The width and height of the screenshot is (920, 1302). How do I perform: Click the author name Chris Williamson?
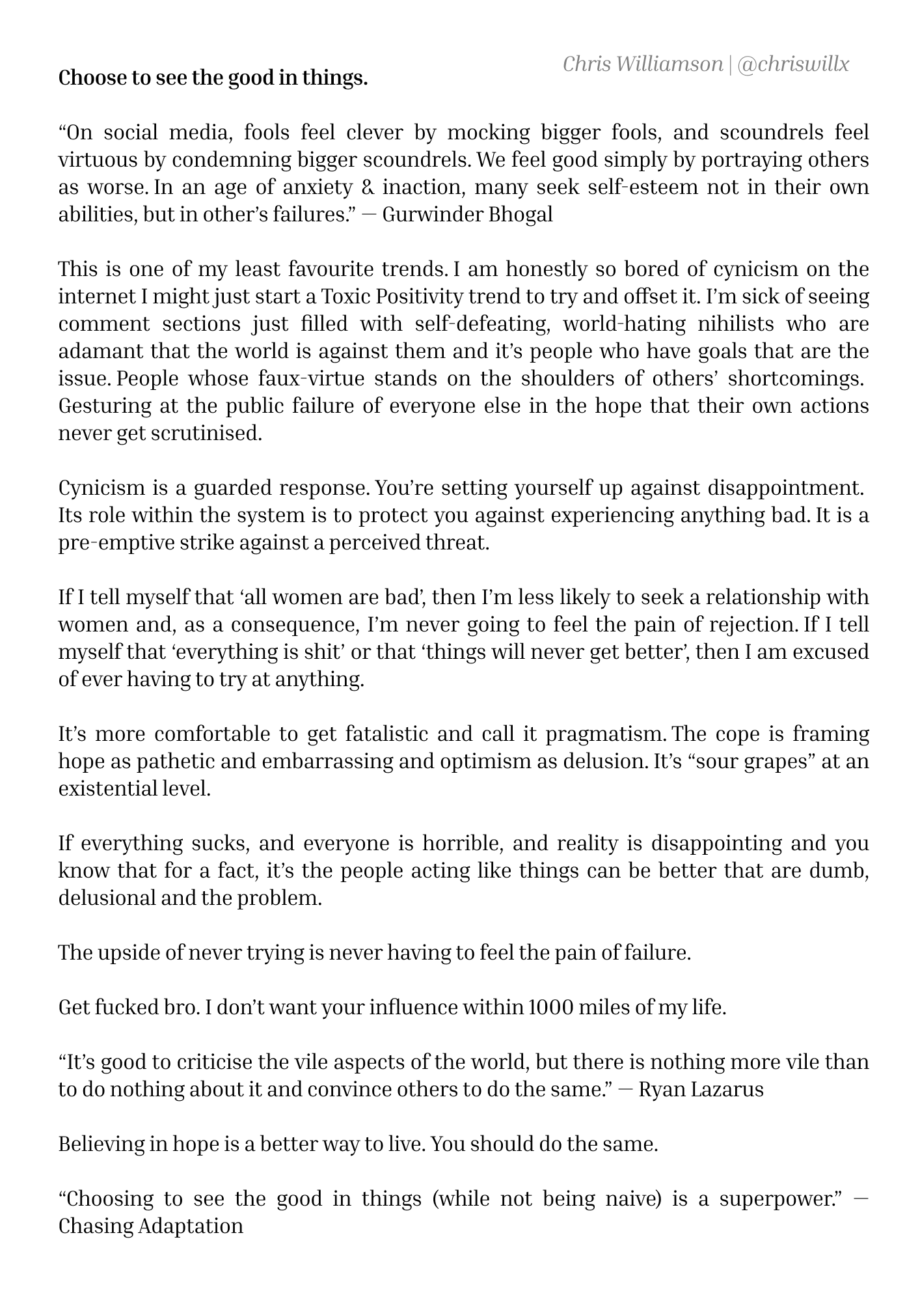click(x=642, y=64)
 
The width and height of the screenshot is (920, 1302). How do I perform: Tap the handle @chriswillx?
click(x=793, y=64)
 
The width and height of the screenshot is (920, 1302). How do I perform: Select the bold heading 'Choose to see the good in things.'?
click(x=213, y=78)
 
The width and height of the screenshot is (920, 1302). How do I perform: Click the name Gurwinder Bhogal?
click(x=467, y=214)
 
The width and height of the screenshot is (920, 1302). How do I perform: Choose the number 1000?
click(x=550, y=1007)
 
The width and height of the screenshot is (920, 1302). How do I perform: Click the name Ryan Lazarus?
click(x=701, y=1089)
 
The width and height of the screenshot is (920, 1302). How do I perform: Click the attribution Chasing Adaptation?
click(x=151, y=1226)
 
